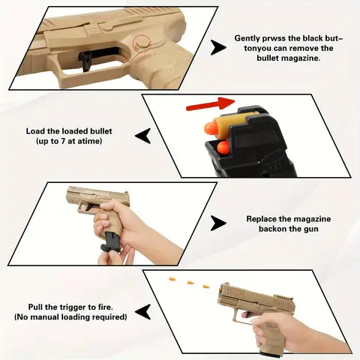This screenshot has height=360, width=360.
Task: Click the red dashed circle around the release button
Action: coord(142,46)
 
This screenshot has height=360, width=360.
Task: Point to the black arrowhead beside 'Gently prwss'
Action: coord(218,47)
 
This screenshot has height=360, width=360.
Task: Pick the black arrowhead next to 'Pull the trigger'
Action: coord(142,310)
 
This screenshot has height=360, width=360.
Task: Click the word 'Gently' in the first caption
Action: coord(250,37)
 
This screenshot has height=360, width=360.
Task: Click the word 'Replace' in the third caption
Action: coord(262,219)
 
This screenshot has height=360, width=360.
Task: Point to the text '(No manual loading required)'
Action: coord(70,317)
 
